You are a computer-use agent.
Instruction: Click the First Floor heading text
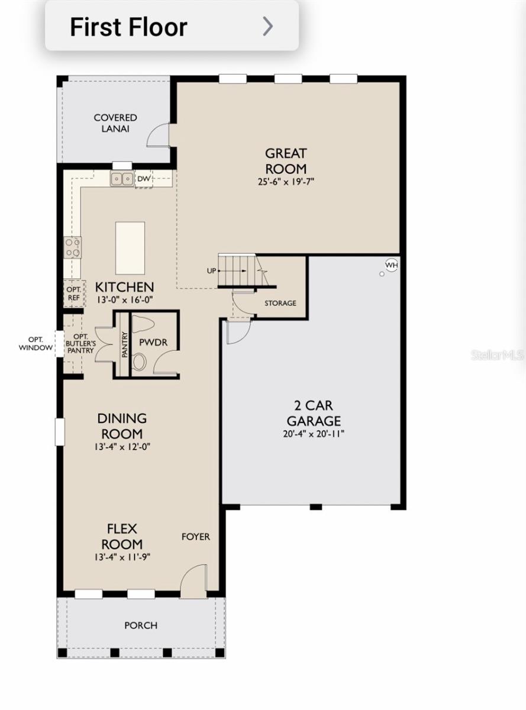point(128,27)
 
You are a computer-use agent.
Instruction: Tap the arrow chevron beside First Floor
point(268,27)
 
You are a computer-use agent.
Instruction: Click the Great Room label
point(286,161)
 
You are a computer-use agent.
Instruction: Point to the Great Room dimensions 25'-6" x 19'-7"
point(286,182)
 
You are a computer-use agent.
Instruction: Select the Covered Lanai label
point(115,123)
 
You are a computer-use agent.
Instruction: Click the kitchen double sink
point(122,177)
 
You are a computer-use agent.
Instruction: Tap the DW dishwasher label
point(144,178)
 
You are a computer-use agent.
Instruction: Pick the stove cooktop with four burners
point(73,247)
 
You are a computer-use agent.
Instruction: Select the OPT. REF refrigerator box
point(73,293)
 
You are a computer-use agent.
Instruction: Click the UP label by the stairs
point(211,271)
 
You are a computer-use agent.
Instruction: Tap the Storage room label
point(280,303)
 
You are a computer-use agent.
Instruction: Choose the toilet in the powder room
point(140,362)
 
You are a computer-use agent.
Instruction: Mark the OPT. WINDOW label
point(36,344)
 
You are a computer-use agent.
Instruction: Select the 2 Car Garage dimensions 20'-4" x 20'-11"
point(314,434)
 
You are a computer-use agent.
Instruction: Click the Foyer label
point(195,537)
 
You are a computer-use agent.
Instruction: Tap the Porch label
point(141,625)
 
